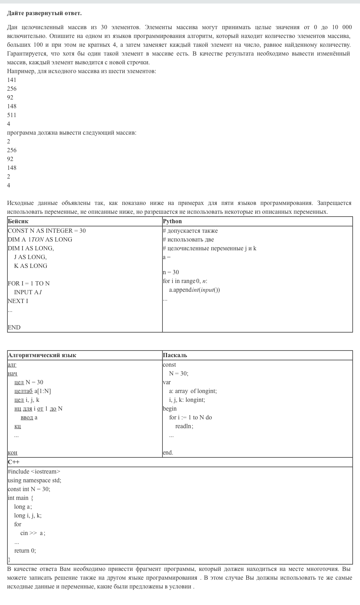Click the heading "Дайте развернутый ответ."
coord(44,13)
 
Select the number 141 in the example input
coord(12,80)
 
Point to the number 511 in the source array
coord(12,115)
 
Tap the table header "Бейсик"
coord(18,221)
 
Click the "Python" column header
coord(172,221)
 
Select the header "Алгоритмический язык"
coord(42,355)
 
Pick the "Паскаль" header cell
coord(175,355)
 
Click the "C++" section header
coord(14,462)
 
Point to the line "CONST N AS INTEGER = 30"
coord(47,231)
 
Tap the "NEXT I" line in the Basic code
coord(18,301)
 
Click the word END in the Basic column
coord(14,327)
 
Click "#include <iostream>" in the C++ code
coord(34,471)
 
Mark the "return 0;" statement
coord(25,551)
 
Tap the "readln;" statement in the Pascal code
coord(184,426)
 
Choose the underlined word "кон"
coord(12,452)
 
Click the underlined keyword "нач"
coord(12,373)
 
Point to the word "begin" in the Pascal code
coord(170,408)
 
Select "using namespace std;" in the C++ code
coord(34,480)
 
